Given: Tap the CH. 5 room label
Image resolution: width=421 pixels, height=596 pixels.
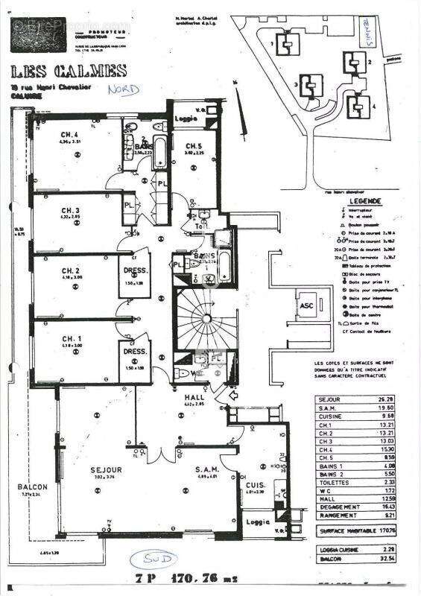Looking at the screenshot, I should coord(194,146).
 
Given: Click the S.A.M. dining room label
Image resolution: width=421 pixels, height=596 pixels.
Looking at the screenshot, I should coord(206,469).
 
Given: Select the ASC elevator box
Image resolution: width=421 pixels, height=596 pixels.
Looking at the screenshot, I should coord(306,305).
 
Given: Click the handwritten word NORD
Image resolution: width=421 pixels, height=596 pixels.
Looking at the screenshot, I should coord(118,89).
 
